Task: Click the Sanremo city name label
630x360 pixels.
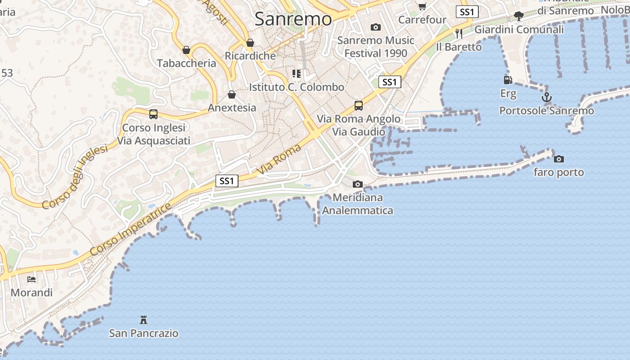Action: pos(293,19)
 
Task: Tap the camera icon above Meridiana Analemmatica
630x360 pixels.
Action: pos(358,184)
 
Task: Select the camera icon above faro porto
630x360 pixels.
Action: pos(559,159)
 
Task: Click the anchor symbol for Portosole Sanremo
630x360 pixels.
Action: pos(546,97)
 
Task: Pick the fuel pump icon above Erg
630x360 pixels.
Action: pos(508,80)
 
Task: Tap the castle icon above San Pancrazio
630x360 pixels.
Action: pos(144,320)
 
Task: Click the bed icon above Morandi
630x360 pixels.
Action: pos(31,279)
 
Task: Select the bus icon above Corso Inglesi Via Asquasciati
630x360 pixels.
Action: pos(153,114)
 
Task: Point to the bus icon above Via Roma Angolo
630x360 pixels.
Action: pos(358,106)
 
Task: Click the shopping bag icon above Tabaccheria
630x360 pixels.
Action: pos(186,50)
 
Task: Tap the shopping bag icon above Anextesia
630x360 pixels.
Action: pos(232,94)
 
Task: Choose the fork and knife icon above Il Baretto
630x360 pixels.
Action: pos(459,33)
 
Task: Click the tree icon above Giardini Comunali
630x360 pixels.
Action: pos(519,16)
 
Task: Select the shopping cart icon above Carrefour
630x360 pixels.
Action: pos(422,6)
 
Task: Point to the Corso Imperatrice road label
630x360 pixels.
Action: pos(130,229)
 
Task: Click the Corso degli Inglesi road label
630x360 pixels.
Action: pos(75,177)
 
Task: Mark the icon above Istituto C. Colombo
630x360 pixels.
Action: pos(296,73)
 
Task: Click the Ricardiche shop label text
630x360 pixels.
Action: pos(250,56)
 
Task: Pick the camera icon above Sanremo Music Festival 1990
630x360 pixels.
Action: pos(376,27)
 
